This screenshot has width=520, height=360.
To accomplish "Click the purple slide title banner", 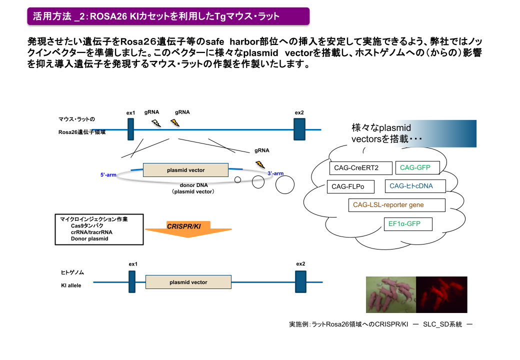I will (168, 16).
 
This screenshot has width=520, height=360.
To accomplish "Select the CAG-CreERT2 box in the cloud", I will (360, 168).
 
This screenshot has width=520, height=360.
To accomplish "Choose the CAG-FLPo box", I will (350, 187).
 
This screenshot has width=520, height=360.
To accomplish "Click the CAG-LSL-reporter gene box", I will (396, 205).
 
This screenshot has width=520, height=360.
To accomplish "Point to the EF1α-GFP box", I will (407, 223).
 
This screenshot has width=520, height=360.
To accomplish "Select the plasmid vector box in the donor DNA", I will (185, 170).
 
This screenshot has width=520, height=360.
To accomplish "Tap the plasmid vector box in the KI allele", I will (188, 282).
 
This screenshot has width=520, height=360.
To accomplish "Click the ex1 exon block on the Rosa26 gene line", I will (131, 129).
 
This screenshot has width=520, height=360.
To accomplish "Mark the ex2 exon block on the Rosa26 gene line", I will (299, 129).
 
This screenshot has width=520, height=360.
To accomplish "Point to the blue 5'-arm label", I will (108, 175).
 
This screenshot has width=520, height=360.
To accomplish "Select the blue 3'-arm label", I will (275, 173).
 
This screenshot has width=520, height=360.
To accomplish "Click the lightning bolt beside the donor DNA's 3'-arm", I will (260, 164).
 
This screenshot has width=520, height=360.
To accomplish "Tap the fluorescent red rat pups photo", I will (441, 294).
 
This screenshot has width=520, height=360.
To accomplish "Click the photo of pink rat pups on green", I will (391, 294).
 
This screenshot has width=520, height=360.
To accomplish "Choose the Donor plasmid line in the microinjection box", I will (89, 238).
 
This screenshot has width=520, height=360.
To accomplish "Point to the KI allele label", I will (71, 285).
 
